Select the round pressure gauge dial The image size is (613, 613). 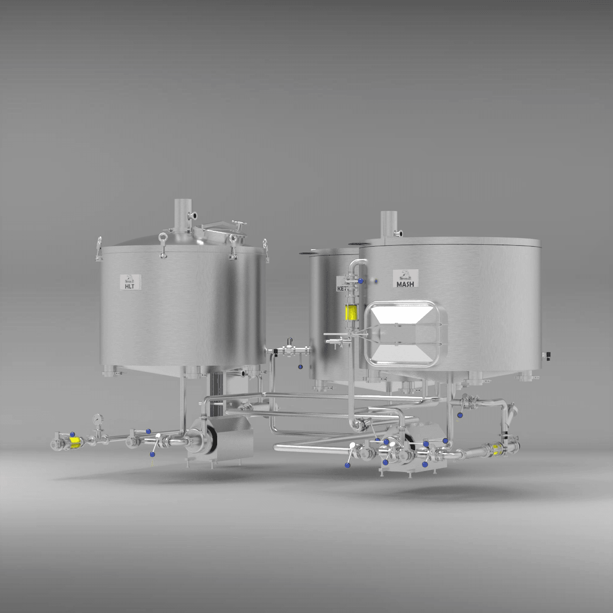coord(96,419)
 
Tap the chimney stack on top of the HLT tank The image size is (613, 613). coord(181,215)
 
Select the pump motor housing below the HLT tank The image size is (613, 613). coord(235,439)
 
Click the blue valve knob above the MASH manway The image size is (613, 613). coord(361,280)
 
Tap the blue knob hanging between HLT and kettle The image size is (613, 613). coord(300,366)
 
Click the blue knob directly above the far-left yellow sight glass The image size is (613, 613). coord(72,433)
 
